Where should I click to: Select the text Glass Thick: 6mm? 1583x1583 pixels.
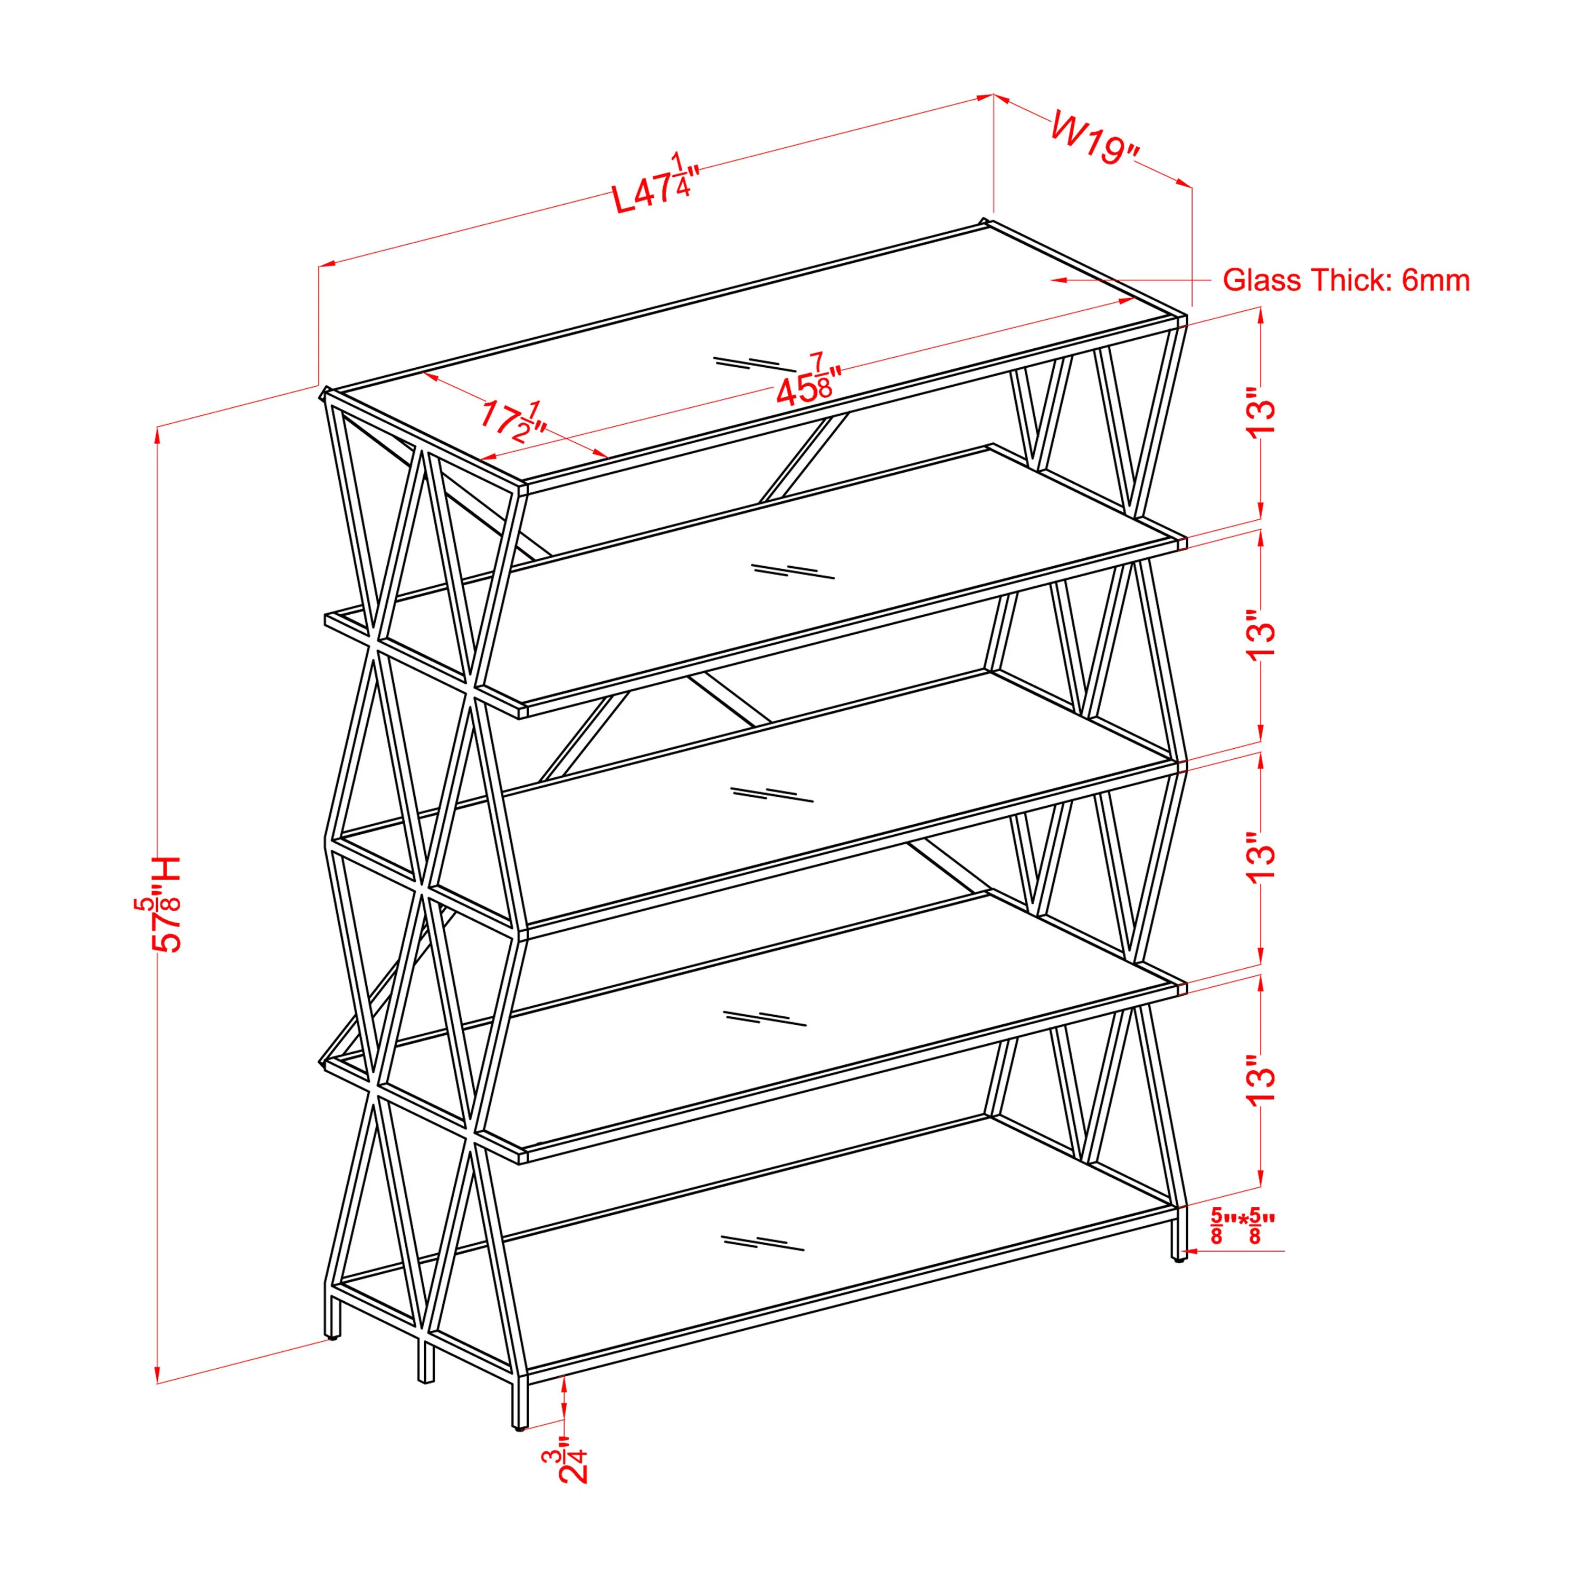click(x=1346, y=280)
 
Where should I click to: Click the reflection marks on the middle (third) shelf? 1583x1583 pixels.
click(x=772, y=794)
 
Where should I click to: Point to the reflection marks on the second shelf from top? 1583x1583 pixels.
click(x=793, y=571)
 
